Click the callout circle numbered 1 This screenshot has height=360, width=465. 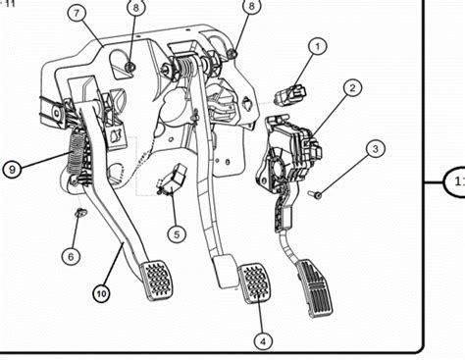(317, 45)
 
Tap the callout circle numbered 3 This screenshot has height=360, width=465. (375, 149)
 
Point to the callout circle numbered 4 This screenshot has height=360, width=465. (262, 340)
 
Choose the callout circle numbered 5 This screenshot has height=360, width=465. (175, 234)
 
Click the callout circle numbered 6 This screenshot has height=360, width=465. (72, 255)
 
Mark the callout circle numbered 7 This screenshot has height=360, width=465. (77, 13)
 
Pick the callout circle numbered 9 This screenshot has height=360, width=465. (13, 169)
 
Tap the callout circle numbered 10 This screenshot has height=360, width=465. (102, 291)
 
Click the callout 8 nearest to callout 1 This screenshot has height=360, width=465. (252, 7)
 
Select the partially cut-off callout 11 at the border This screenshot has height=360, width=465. (454, 181)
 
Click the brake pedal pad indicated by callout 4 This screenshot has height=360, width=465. (255, 283)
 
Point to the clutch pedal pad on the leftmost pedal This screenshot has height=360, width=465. (155, 279)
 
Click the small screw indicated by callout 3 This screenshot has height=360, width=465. (317, 194)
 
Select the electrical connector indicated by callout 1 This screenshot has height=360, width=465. (290, 95)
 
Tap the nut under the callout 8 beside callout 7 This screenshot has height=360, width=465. (129, 66)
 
